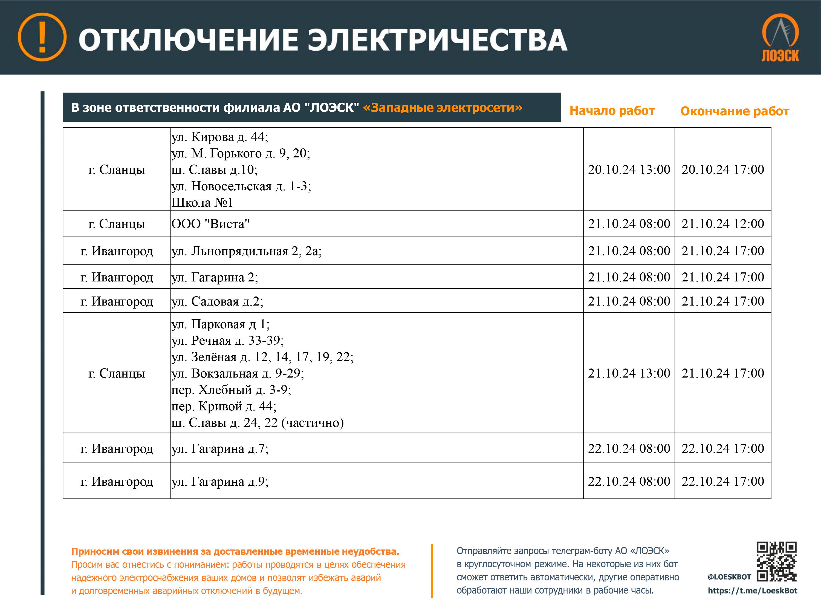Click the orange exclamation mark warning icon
42,37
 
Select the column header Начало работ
612,111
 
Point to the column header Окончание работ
735,111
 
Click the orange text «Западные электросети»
443,108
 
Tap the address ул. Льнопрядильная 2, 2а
247,251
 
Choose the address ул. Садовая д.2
217,301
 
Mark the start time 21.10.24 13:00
629,373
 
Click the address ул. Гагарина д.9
220,482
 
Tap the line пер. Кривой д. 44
224,406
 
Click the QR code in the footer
776,561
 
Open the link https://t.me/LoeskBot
752,590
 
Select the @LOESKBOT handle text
729,577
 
